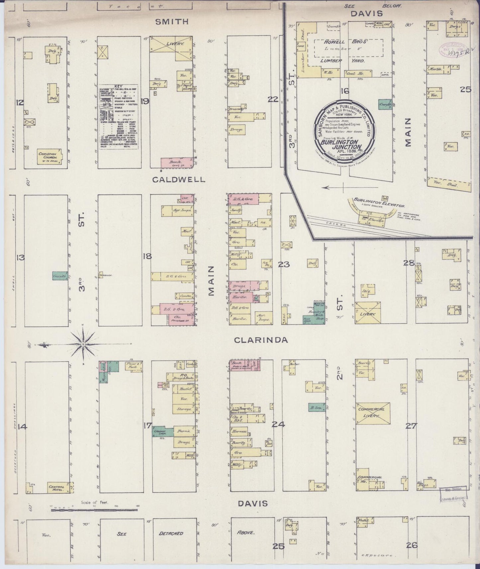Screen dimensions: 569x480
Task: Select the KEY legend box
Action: coord(118,117)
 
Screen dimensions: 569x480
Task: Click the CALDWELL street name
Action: coord(179,180)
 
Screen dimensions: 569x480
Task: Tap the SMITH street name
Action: coord(172,22)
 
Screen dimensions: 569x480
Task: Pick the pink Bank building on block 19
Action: coord(177,163)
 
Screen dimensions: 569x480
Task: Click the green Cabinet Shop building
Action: coord(162,432)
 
